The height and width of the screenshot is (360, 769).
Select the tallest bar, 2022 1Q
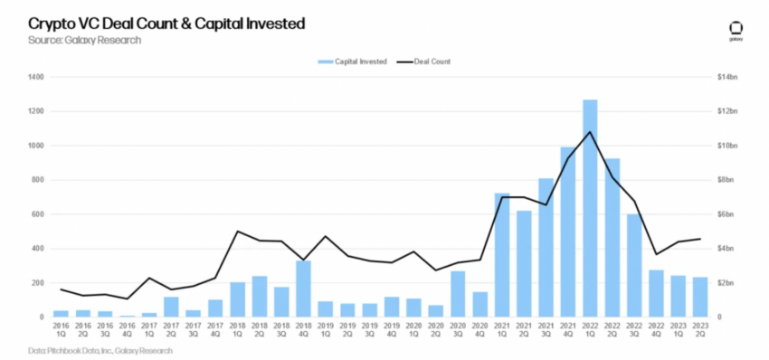(x=590, y=208)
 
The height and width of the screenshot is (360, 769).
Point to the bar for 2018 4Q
(x=305, y=289)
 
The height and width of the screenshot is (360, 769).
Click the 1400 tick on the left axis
(x=36, y=77)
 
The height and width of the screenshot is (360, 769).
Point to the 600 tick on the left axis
(x=38, y=214)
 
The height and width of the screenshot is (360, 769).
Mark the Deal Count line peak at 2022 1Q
(x=590, y=132)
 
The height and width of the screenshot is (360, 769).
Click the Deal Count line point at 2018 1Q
(x=237, y=231)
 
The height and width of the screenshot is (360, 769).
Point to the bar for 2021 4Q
(x=567, y=232)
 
